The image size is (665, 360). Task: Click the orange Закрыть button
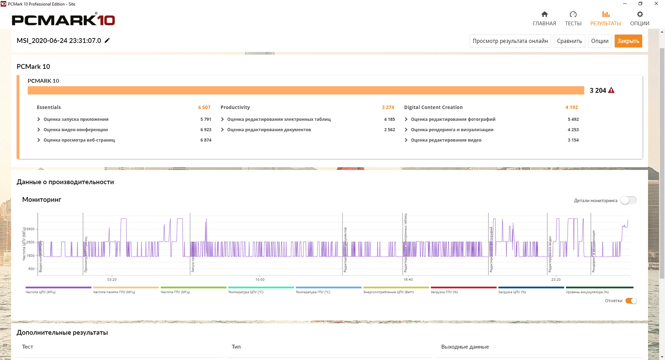pyautogui.click(x=628, y=41)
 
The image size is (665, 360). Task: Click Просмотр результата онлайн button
pyautogui.click(x=510, y=41)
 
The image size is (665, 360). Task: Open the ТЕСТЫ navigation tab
pyautogui.click(x=573, y=18)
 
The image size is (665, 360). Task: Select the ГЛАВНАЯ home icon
pyautogui.click(x=544, y=15)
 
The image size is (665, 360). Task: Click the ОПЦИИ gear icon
pyautogui.click(x=640, y=15)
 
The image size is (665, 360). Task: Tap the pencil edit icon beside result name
pyautogui.click(x=107, y=40)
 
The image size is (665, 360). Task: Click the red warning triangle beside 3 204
pyautogui.click(x=611, y=90)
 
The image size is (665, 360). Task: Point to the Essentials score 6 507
pyautogui.click(x=204, y=107)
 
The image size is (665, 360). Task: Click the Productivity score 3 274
pyautogui.click(x=388, y=107)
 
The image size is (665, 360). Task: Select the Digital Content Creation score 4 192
pyautogui.click(x=571, y=107)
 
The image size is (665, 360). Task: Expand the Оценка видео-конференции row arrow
pyautogui.click(x=38, y=129)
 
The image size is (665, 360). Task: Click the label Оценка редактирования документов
pyautogui.click(x=269, y=129)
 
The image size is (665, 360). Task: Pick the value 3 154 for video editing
pyautogui.click(x=573, y=140)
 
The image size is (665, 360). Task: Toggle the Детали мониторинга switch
pyautogui.click(x=628, y=200)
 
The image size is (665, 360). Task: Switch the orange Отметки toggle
pyautogui.click(x=631, y=301)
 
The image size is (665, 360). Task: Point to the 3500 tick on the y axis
pyautogui.click(x=30, y=229)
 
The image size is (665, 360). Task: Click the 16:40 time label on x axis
pyautogui.click(x=408, y=279)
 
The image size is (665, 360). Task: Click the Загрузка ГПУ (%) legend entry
pyautogui.click(x=444, y=292)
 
